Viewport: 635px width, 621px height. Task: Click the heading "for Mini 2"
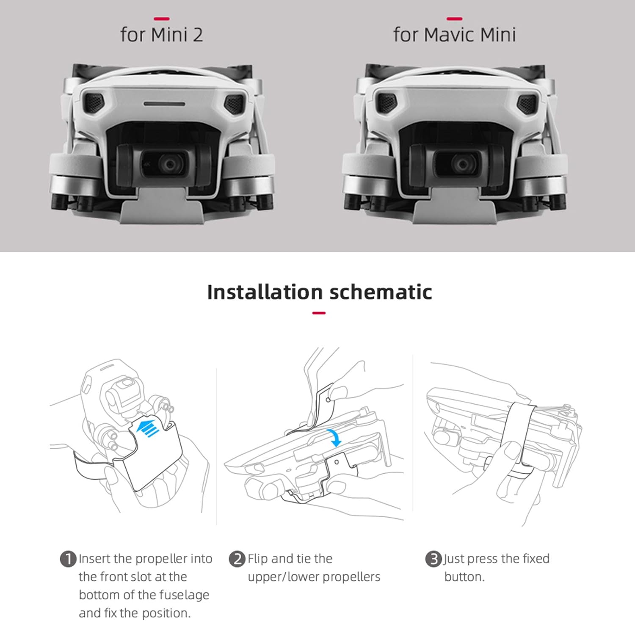point(161,35)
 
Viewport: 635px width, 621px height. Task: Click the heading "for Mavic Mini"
point(454,35)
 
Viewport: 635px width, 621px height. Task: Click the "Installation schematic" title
point(319,292)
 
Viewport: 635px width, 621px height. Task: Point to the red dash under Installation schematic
point(319,313)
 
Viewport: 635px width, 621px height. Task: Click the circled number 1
point(68,559)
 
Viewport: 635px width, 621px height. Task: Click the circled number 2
point(237,559)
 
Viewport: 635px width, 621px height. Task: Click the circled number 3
point(433,559)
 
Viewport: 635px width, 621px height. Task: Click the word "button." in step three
point(464,577)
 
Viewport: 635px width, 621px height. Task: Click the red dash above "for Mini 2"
point(161,19)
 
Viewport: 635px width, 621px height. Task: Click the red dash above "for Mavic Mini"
point(454,19)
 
